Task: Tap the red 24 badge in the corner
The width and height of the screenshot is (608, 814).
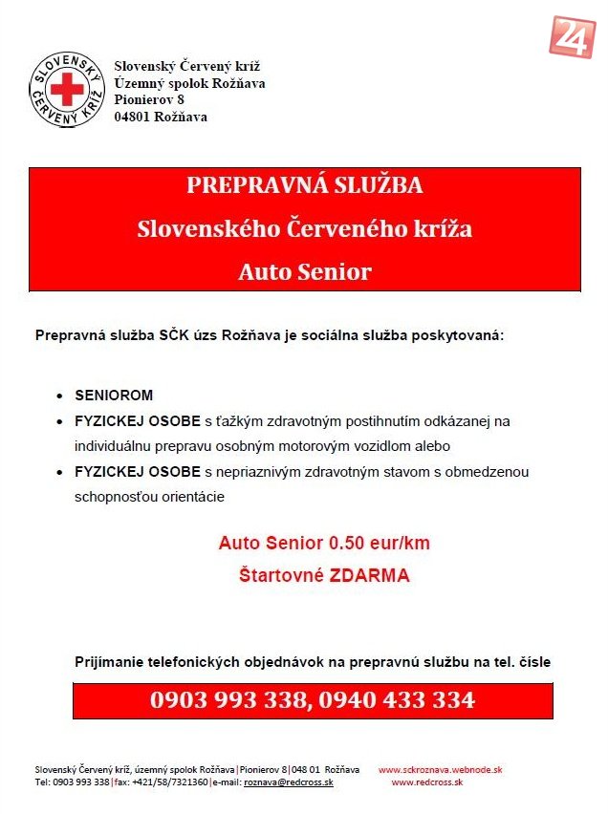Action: [572, 35]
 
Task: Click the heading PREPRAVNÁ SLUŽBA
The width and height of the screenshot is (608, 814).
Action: [304, 185]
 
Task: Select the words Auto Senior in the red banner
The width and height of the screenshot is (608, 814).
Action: [304, 272]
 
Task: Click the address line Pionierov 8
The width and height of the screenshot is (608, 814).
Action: [149, 99]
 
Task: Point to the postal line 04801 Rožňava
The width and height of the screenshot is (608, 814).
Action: [161, 117]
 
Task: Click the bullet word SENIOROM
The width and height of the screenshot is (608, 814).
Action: [114, 395]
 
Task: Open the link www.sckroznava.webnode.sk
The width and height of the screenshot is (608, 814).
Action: [441, 769]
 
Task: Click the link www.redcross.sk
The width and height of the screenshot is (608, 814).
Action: [427, 782]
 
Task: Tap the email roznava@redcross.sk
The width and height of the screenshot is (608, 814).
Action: [289, 782]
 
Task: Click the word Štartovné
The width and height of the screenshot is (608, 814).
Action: [282, 576]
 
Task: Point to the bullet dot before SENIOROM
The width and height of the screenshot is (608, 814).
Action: [59, 396]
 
